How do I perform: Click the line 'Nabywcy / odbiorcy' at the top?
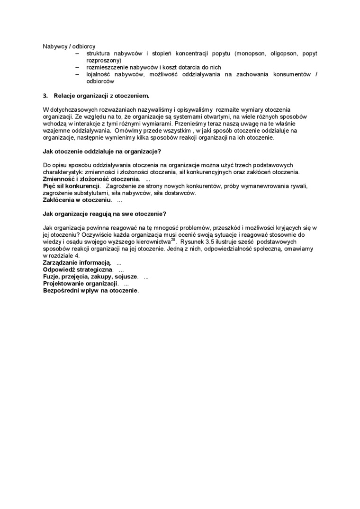[69, 46]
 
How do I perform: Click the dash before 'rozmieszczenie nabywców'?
[77, 67]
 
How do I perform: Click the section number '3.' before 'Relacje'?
[45, 95]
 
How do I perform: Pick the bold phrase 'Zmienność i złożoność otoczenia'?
[91, 179]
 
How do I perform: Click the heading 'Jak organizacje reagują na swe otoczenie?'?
[104, 214]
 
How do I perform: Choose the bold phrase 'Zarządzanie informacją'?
[76, 262]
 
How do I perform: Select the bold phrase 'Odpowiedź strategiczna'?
[74, 269]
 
